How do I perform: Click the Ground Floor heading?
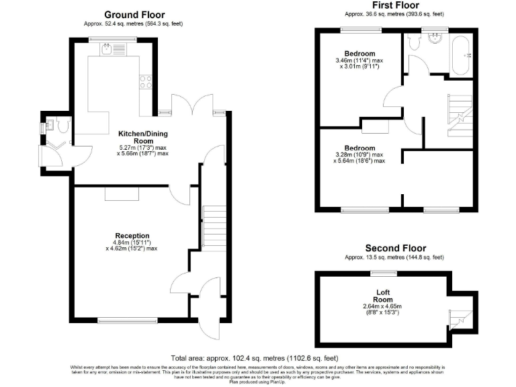tap(134, 14)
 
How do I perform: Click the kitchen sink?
tap(107, 48)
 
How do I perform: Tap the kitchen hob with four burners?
tap(145, 83)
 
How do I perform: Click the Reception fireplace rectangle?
tap(122, 193)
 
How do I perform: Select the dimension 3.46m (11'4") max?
tap(359, 60)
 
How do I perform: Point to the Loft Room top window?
tap(384, 273)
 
